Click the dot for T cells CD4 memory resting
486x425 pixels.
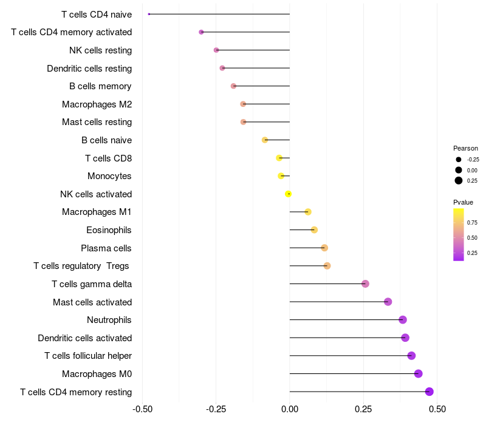(430, 392)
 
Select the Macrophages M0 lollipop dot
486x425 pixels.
(418, 373)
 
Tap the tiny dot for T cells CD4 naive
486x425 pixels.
(149, 14)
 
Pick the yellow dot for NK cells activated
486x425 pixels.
(288, 194)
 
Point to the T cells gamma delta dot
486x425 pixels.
(366, 284)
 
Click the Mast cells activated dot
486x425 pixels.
(388, 302)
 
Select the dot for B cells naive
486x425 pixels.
(265, 140)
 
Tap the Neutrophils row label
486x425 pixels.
(109, 320)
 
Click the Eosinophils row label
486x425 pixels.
(109, 230)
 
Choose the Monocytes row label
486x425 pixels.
(109, 176)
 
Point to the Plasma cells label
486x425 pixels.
(106, 248)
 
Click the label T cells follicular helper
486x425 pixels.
(88, 356)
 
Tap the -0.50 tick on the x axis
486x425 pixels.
(142, 409)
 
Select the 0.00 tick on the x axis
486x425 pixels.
(290, 409)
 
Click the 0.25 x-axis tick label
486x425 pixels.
(363, 409)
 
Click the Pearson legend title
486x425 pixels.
(465, 148)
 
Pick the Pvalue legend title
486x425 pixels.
(463, 202)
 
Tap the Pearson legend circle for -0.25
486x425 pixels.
(459, 160)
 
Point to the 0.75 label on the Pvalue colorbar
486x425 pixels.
(472, 223)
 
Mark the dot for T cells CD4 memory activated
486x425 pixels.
(201, 32)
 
